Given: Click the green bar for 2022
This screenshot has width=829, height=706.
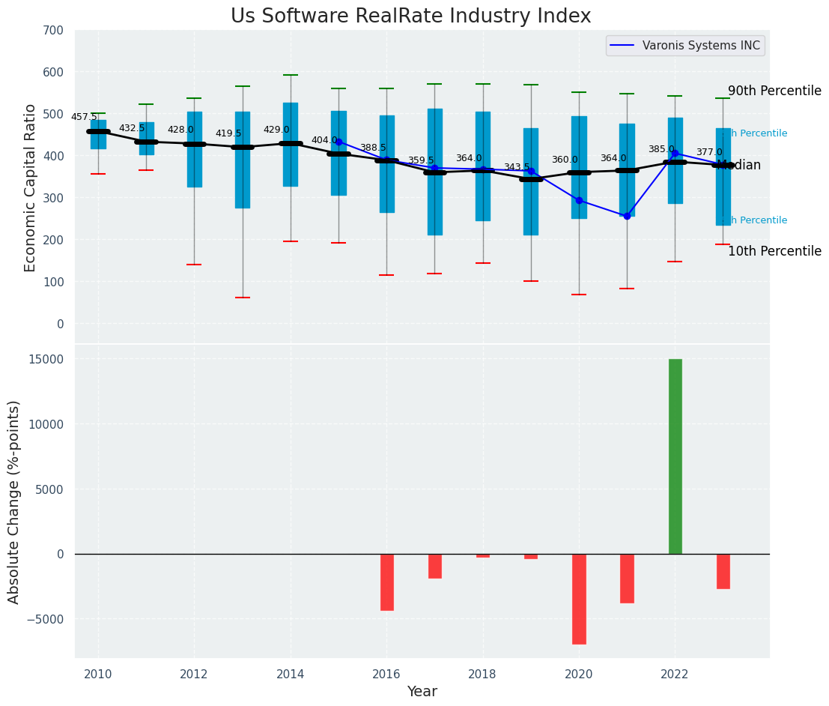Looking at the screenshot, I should (675, 456).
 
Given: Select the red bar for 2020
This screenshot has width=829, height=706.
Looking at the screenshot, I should (579, 599).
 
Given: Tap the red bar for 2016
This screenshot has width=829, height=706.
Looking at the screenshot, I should (386, 582).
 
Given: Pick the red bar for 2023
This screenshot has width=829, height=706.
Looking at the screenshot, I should (723, 571).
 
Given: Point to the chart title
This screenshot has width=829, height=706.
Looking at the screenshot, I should (410, 16).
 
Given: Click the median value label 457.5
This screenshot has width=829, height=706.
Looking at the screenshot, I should (84, 117).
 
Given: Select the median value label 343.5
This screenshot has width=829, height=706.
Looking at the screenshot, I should (517, 167).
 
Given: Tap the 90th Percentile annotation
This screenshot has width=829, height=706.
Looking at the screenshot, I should (774, 91).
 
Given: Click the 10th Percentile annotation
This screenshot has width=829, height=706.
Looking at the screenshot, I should (774, 251).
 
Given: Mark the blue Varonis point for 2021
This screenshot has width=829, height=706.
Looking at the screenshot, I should (627, 216).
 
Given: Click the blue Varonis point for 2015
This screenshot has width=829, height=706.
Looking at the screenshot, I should (338, 142).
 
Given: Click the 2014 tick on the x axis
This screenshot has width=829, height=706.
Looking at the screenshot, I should (291, 674).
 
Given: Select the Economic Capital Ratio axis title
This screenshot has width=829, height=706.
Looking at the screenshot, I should (31, 187).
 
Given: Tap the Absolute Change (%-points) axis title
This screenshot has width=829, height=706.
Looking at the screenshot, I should (14, 502).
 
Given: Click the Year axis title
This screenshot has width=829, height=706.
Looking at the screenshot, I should (422, 692).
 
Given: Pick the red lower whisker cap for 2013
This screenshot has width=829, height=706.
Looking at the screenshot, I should (242, 298).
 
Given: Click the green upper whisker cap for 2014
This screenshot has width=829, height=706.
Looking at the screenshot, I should (291, 75).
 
